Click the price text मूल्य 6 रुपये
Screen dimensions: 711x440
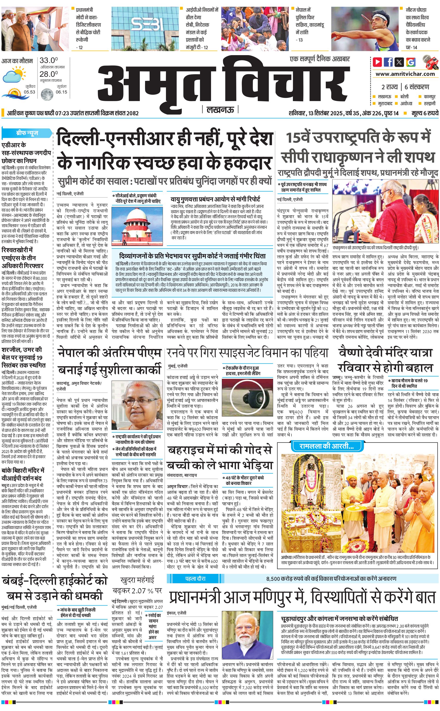click(425, 113)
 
